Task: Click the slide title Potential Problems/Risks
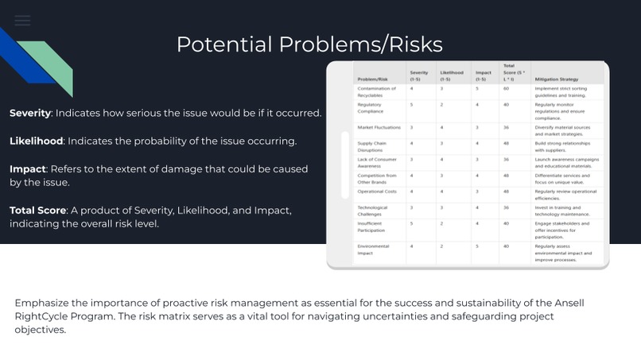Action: click(309, 45)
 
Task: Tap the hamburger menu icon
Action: click(22, 21)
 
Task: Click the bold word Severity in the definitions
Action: click(30, 113)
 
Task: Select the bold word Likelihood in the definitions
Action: click(37, 141)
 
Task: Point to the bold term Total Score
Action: click(38, 210)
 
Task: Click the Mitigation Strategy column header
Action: click(557, 79)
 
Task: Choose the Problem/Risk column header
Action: click(372, 79)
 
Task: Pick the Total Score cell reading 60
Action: click(506, 89)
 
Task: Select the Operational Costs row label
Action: click(377, 192)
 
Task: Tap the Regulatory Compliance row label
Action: click(371, 107)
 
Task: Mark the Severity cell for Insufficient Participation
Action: click(411, 224)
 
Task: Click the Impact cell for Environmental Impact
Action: click(477, 246)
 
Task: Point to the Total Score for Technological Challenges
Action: click(506, 207)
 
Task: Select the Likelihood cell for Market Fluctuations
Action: click(442, 127)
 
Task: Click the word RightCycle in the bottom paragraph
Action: click(45, 315)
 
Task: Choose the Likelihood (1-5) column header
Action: click(452, 75)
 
